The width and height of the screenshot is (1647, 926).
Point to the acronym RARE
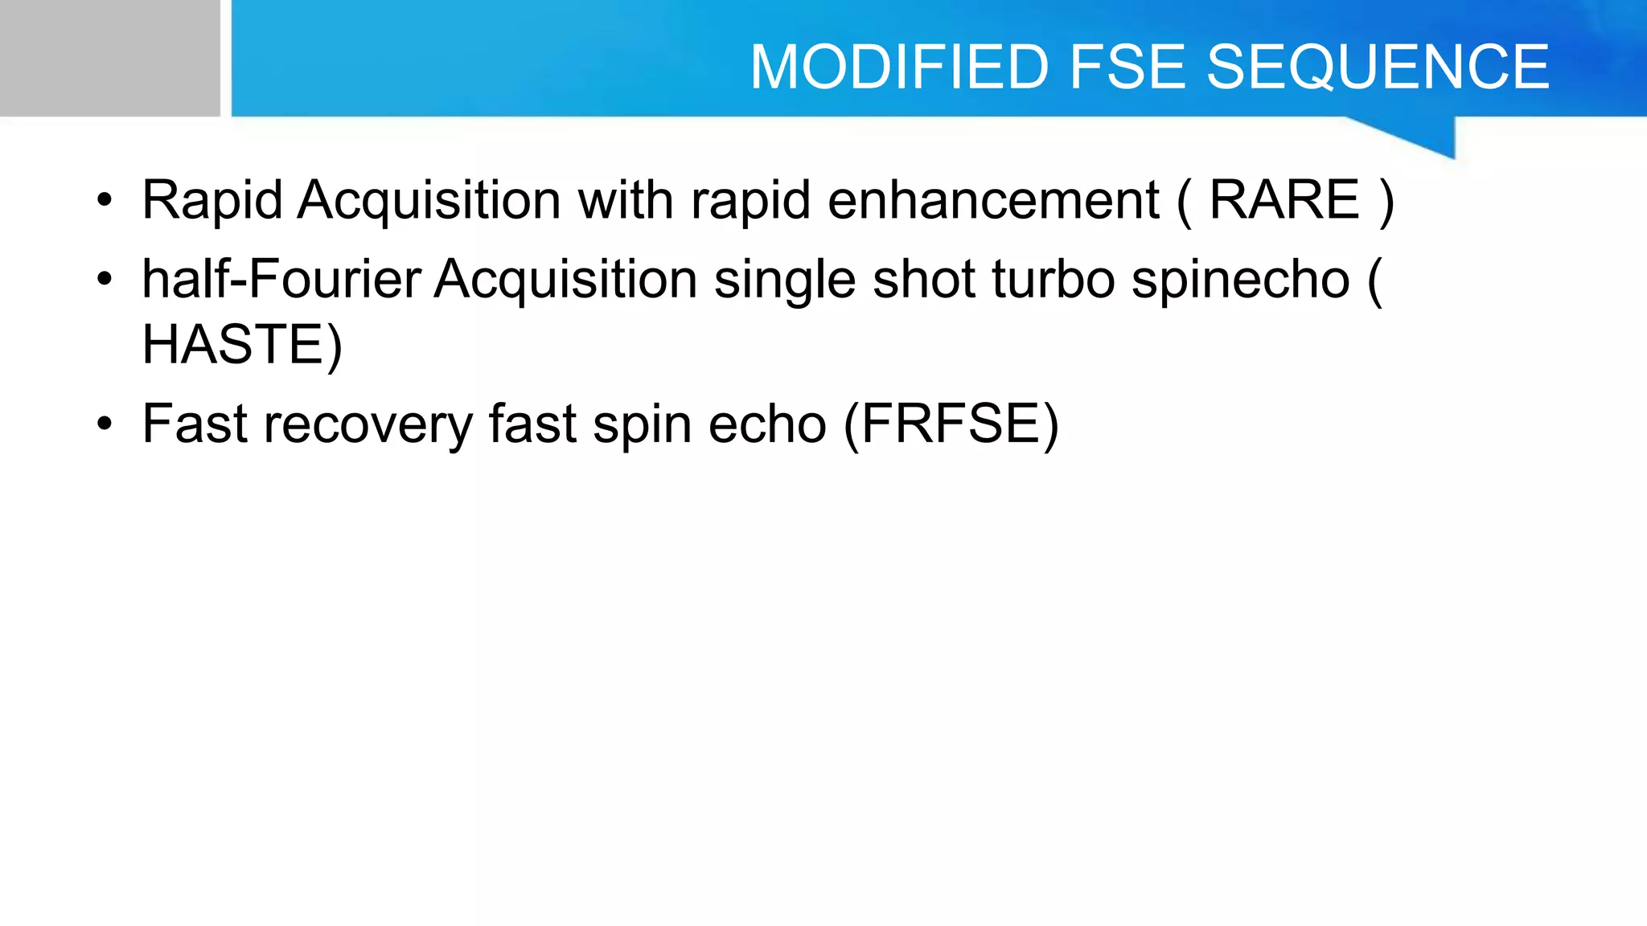[x=1284, y=199]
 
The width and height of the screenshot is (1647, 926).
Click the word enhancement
[x=993, y=199]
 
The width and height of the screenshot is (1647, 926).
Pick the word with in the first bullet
[x=626, y=199]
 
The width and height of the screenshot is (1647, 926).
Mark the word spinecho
[x=1240, y=281]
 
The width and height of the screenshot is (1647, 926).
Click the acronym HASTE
[x=232, y=344]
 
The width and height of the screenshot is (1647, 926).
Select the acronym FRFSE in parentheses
[x=951, y=424]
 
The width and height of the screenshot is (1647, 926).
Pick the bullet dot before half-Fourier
[x=104, y=281]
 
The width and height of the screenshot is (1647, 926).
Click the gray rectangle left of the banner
[x=109, y=58]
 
